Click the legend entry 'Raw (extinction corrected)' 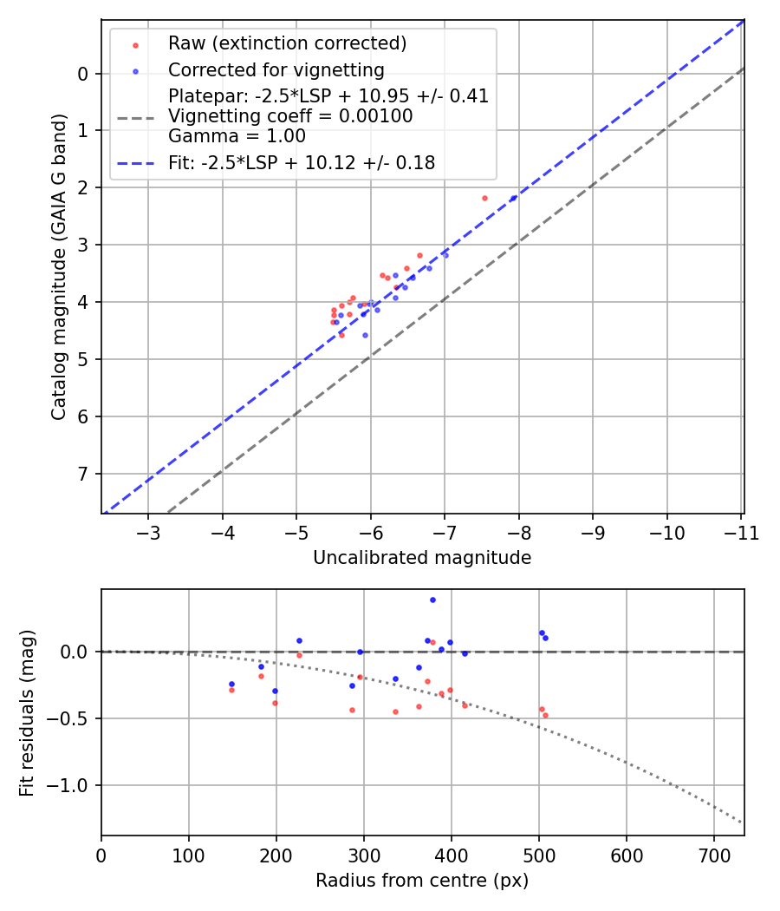pos(287,43)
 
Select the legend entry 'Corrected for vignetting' pos(276,69)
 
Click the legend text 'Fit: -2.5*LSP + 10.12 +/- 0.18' pos(301,162)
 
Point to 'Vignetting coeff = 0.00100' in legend pos(290,116)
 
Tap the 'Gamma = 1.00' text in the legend pos(237,136)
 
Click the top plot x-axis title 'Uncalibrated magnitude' pos(422,558)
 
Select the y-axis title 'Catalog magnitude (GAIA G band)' pos(59,266)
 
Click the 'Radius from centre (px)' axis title pos(422,881)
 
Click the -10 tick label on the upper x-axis pos(667,530)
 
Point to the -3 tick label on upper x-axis pos(148,530)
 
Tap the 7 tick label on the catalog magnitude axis pos(84,474)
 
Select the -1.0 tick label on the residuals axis pos(72,785)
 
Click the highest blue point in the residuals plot pos(432,600)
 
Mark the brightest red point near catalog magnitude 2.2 pos(484,198)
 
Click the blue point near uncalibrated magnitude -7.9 pos(513,198)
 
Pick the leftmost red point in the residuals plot pos(231,690)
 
